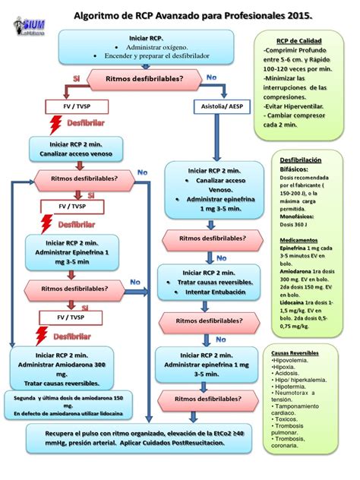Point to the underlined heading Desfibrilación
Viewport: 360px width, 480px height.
(x=301, y=161)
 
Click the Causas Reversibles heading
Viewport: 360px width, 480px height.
(x=299, y=354)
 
